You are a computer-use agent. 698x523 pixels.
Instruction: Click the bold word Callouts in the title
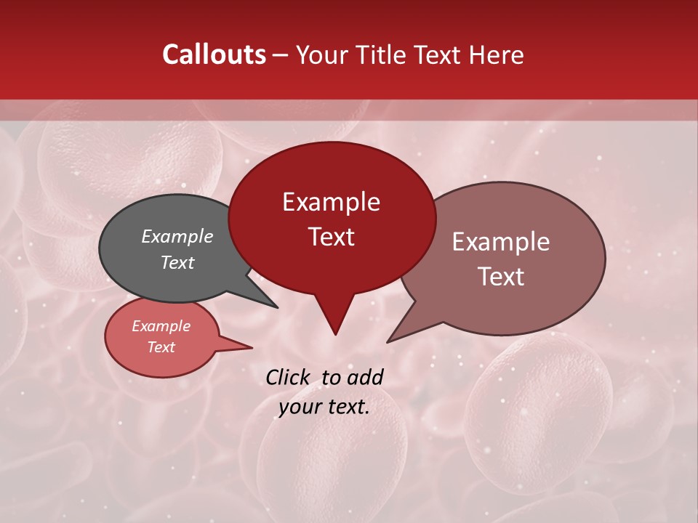click(214, 54)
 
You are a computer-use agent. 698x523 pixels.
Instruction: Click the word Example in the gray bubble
click(177, 236)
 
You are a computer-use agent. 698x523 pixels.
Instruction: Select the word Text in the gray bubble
click(177, 262)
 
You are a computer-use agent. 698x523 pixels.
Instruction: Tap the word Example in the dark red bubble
click(331, 202)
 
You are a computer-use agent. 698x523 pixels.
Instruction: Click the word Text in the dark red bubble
click(331, 237)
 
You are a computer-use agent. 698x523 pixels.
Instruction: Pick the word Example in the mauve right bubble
click(501, 242)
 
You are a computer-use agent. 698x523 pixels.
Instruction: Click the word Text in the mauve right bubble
click(501, 277)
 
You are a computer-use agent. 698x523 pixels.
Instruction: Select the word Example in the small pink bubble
click(161, 326)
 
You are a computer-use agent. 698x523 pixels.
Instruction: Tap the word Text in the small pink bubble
click(161, 347)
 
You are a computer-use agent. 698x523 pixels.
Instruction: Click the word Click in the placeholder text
click(289, 377)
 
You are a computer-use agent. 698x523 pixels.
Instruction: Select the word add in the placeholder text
click(364, 377)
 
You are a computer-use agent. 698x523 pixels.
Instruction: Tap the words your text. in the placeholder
click(324, 407)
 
